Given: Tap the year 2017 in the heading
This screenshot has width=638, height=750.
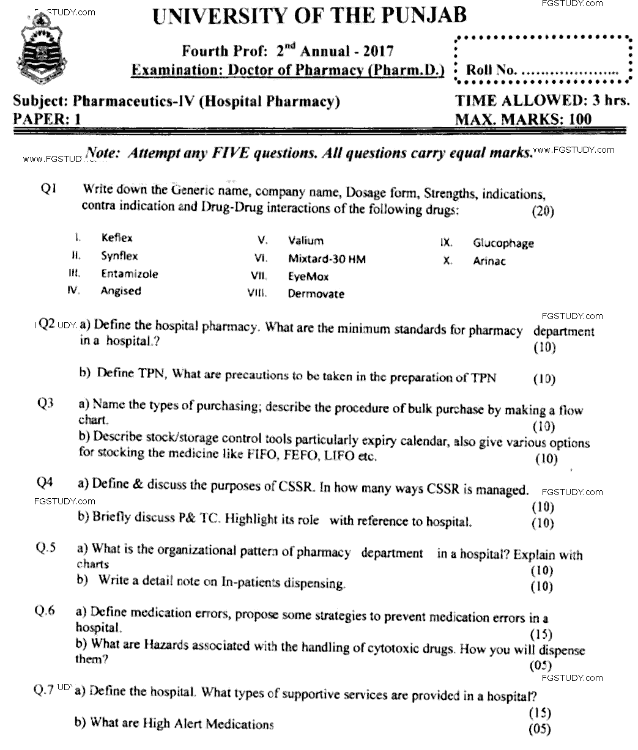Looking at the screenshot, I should point(376,51).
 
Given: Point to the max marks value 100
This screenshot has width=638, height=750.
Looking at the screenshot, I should point(579,118).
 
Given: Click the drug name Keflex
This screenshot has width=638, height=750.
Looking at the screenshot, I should point(116,238).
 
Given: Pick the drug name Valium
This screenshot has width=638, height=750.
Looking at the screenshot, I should point(306,241).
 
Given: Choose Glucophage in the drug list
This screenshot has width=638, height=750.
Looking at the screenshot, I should point(503,243).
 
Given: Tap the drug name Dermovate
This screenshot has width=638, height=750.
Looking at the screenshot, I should point(316,294).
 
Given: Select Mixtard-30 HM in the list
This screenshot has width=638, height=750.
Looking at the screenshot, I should point(327,259).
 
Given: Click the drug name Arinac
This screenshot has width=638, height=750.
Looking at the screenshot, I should point(489,261).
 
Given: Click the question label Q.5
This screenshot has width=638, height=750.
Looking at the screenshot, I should point(46,548).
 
